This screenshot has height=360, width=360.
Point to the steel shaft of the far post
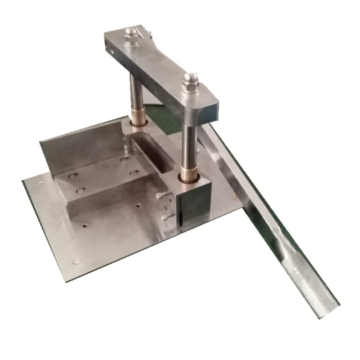(134, 91)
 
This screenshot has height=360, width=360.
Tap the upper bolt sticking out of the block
(163, 196)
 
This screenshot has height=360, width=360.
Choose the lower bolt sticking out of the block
(167, 217)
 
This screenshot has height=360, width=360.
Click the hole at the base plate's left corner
(39, 183)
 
